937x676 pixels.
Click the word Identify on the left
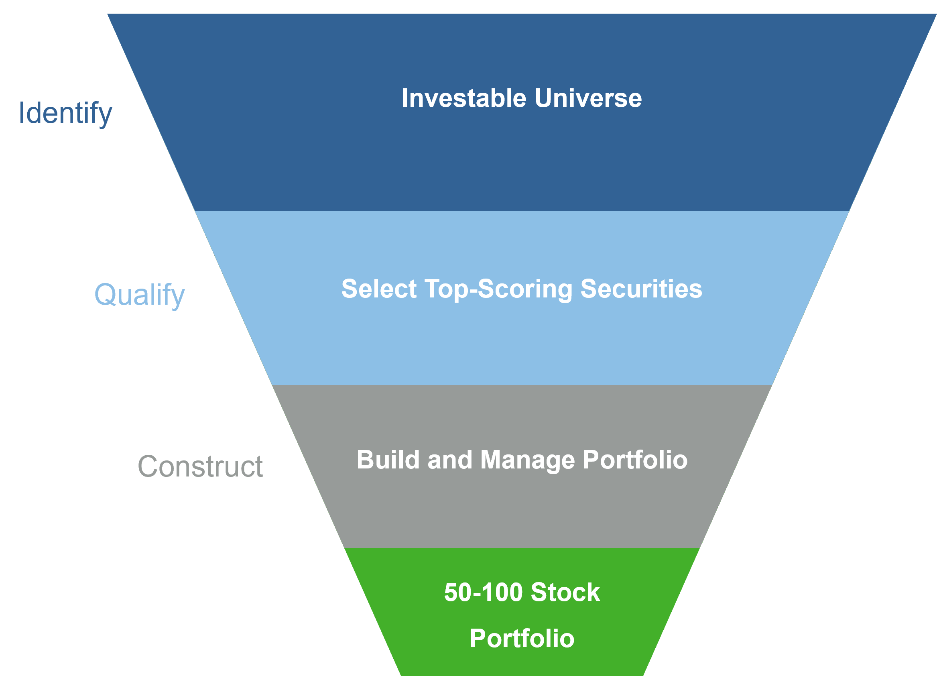[65, 114]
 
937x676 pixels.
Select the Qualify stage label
[140, 295]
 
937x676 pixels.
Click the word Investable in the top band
[464, 98]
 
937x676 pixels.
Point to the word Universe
[588, 98]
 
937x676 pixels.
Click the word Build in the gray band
[388, 460]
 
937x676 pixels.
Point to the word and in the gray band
[450, 460]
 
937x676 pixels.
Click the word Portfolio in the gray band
[635, 460]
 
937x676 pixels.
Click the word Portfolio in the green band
[522, 638]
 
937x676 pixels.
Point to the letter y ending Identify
[105, 116]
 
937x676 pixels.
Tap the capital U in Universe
[544, 98]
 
